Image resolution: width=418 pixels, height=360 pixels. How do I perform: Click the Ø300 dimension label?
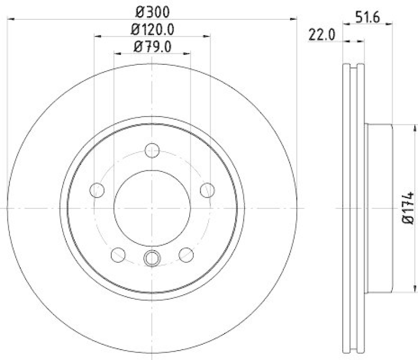[x=152, y=10]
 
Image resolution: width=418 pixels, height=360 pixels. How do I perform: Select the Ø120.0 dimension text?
[x=152, y=29]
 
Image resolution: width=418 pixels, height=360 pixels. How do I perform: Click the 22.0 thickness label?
[x=321, y=36]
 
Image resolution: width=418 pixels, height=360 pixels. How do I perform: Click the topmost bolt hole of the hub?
[x=152, y=149]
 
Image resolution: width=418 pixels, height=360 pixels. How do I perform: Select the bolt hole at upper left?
[x=97, y=190]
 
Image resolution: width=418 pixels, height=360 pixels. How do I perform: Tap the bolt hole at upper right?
[x=207, y=190]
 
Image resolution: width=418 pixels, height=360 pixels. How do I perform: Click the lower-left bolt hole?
[x=119, y=254]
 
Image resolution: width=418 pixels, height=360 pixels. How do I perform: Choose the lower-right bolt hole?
[x=186, y=254]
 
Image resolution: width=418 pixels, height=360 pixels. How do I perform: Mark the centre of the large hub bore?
[x=152, y=208]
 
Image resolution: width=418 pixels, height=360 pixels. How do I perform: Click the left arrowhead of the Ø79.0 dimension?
[x=115, y=53]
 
